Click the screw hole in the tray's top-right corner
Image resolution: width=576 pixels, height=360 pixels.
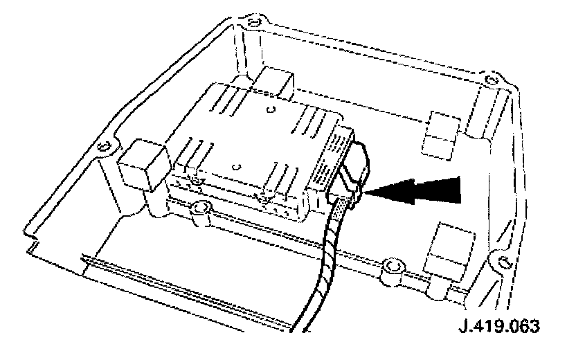point(492,79)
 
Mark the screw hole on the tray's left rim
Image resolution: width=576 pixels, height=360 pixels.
point(105,147)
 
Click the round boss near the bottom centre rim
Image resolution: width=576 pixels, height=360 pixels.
point(394,266)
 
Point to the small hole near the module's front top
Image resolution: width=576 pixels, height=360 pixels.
point(237,167)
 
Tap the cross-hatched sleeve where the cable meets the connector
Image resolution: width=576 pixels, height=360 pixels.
point(340,208)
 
